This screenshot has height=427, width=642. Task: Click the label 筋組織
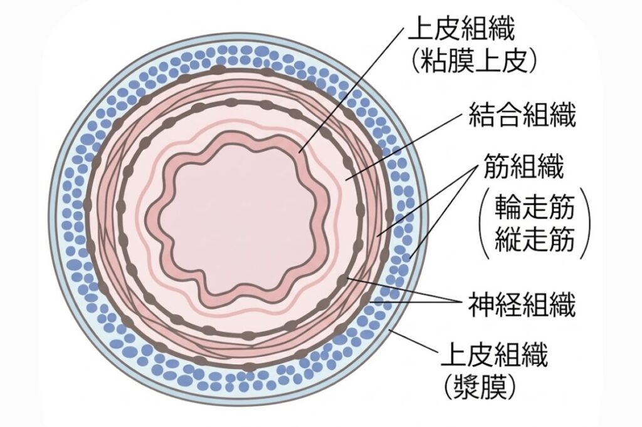pyautogui.click(x=524, y=166)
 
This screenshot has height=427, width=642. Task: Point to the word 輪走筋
pyautogui.click(x=534, y=207)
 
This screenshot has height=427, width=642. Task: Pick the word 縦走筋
pyautogui.click(x=534, y=239)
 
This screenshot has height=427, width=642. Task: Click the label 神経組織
pyautogui.click(x=522, y=304)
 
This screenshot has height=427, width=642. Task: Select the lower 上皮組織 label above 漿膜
pyautogui.click(x=494, y=354)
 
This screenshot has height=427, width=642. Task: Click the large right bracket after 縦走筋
pyautogui.click(x=586, y=223)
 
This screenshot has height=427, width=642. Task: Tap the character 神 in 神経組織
pyautogui.click(x=481, y=304)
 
